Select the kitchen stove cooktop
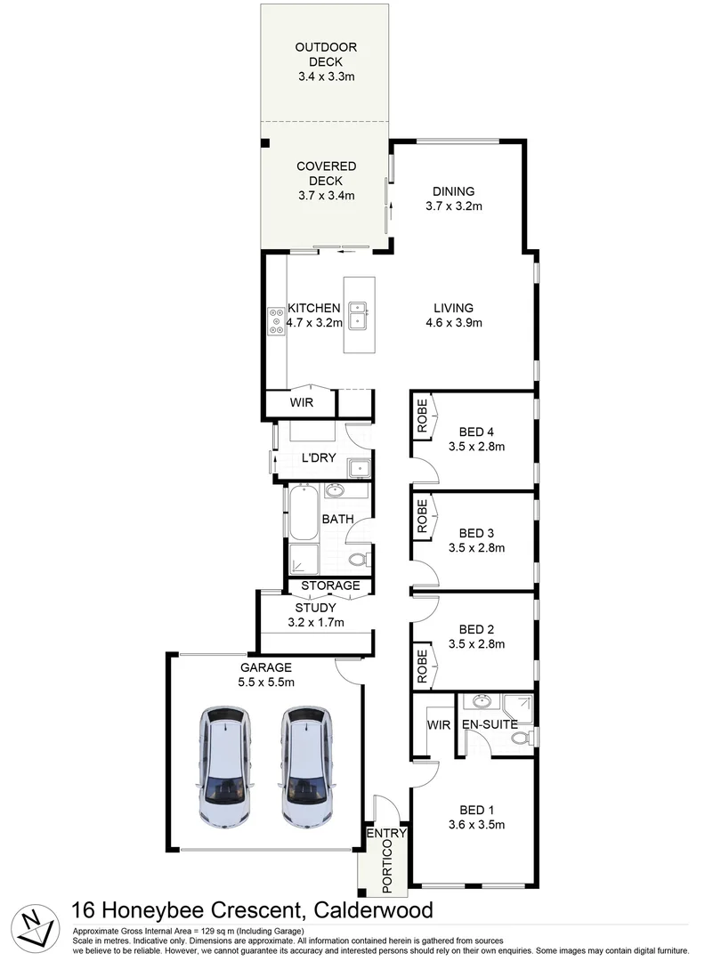click(x=276, y=319)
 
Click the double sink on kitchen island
click(x=361, y=316)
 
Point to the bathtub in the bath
click(x=302, y=513)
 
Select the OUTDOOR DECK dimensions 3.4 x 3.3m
click(x=328, y=77)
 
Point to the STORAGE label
click(x=330, y=585)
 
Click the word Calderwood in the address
click(x=372, y=910)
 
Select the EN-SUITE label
click(x=489, y=725)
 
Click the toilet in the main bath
click(x=359, y=559)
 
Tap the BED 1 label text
click(x=476, y=810)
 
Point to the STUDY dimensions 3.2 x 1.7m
click(x=315, y=622)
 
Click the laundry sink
click(x=358, y=466)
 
